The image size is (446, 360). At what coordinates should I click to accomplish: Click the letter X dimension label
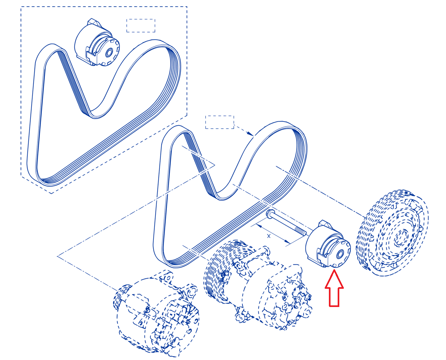[269, 236]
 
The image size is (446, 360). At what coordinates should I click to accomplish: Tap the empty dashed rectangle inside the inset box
[141, 26]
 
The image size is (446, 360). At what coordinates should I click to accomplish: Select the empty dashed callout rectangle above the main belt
[220, 122]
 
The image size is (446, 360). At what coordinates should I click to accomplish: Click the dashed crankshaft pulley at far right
[392, 233]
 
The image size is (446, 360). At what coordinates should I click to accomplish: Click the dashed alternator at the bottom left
[156, 314]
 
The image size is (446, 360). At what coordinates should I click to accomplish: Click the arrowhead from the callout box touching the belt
[250, 134]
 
